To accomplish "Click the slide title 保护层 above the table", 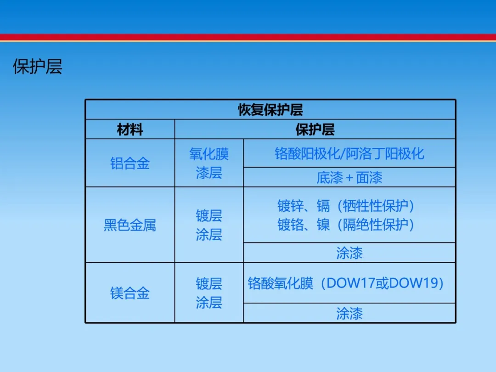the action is click(x=37, y=67).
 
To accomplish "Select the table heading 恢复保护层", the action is click(x=271, y=110).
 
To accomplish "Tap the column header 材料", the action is click(x=130, y=130).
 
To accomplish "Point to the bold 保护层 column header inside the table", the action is click(x=315, y=130).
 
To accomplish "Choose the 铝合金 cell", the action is click(x=130, y=163).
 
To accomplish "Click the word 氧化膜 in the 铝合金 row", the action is click(x=209, y=154).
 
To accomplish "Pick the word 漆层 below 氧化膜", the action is click(x=209, y=173).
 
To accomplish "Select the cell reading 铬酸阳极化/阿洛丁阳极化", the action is click(x=349, y=153).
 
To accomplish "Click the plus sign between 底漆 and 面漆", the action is click(x=349, y=178).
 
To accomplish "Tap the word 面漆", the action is click(x=369, y=177).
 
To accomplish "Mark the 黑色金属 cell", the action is click(x=130, y=225).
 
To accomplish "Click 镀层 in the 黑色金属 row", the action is click(x=209, y=216).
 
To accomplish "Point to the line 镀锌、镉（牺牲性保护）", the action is click(x=346, y=206).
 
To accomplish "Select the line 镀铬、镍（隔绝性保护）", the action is click(x=346, y=225).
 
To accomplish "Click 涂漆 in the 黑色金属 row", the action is click(x=349, y=253).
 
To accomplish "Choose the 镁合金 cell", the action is click(x=130, y=293).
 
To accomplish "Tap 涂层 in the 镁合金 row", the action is click(x=209, y=302).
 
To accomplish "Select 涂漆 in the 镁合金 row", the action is click(x=349, y=314).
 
